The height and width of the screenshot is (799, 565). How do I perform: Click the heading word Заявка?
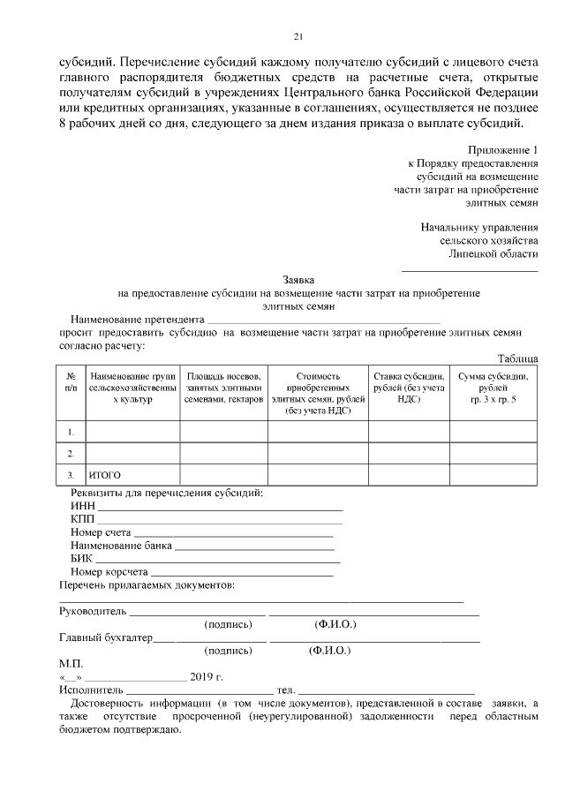[x=298, y=278]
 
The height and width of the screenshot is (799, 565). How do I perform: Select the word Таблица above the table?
[x=517, y=358]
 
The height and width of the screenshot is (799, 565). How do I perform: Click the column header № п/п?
[x=71, y=382]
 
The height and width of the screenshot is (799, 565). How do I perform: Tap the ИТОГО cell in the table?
[x=104, y=476]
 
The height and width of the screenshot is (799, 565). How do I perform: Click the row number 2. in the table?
[x=71, y=454]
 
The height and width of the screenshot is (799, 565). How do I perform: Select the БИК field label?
[x=81, y=558]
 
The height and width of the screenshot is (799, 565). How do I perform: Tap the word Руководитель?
[x=93, y=611]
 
